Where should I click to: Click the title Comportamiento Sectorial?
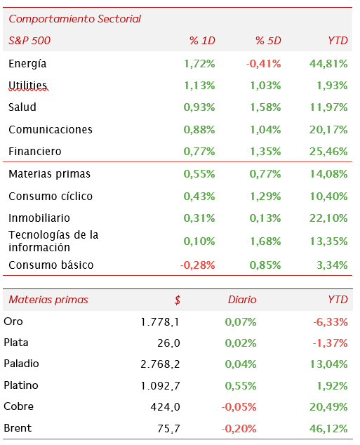74,19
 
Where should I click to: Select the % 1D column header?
202,40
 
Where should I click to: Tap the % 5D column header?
268,40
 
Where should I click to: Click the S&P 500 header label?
29,40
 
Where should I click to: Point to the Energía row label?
27,64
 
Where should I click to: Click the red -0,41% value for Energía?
264,64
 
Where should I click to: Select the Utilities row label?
28,85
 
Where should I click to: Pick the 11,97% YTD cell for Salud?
328,107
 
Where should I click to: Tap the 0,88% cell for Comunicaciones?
199,129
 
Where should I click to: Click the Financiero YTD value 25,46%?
328,152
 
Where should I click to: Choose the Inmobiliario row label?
39,218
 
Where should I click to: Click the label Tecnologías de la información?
53,241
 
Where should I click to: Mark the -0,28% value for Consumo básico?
198,265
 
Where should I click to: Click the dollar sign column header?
178,300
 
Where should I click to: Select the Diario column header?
242,300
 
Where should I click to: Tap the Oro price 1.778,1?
160,322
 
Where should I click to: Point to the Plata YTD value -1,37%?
331,343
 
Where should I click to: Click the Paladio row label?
21,364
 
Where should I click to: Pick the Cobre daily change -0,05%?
239,406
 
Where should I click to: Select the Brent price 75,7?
169,428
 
